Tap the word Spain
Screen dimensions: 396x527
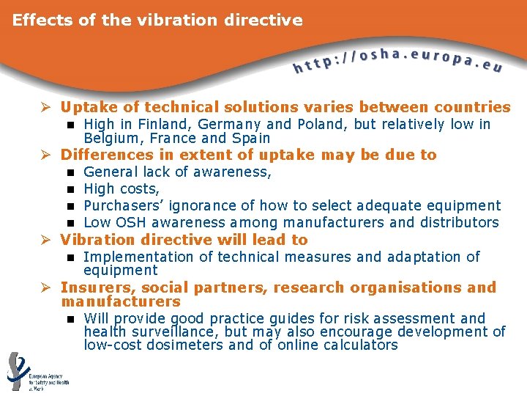250,139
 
